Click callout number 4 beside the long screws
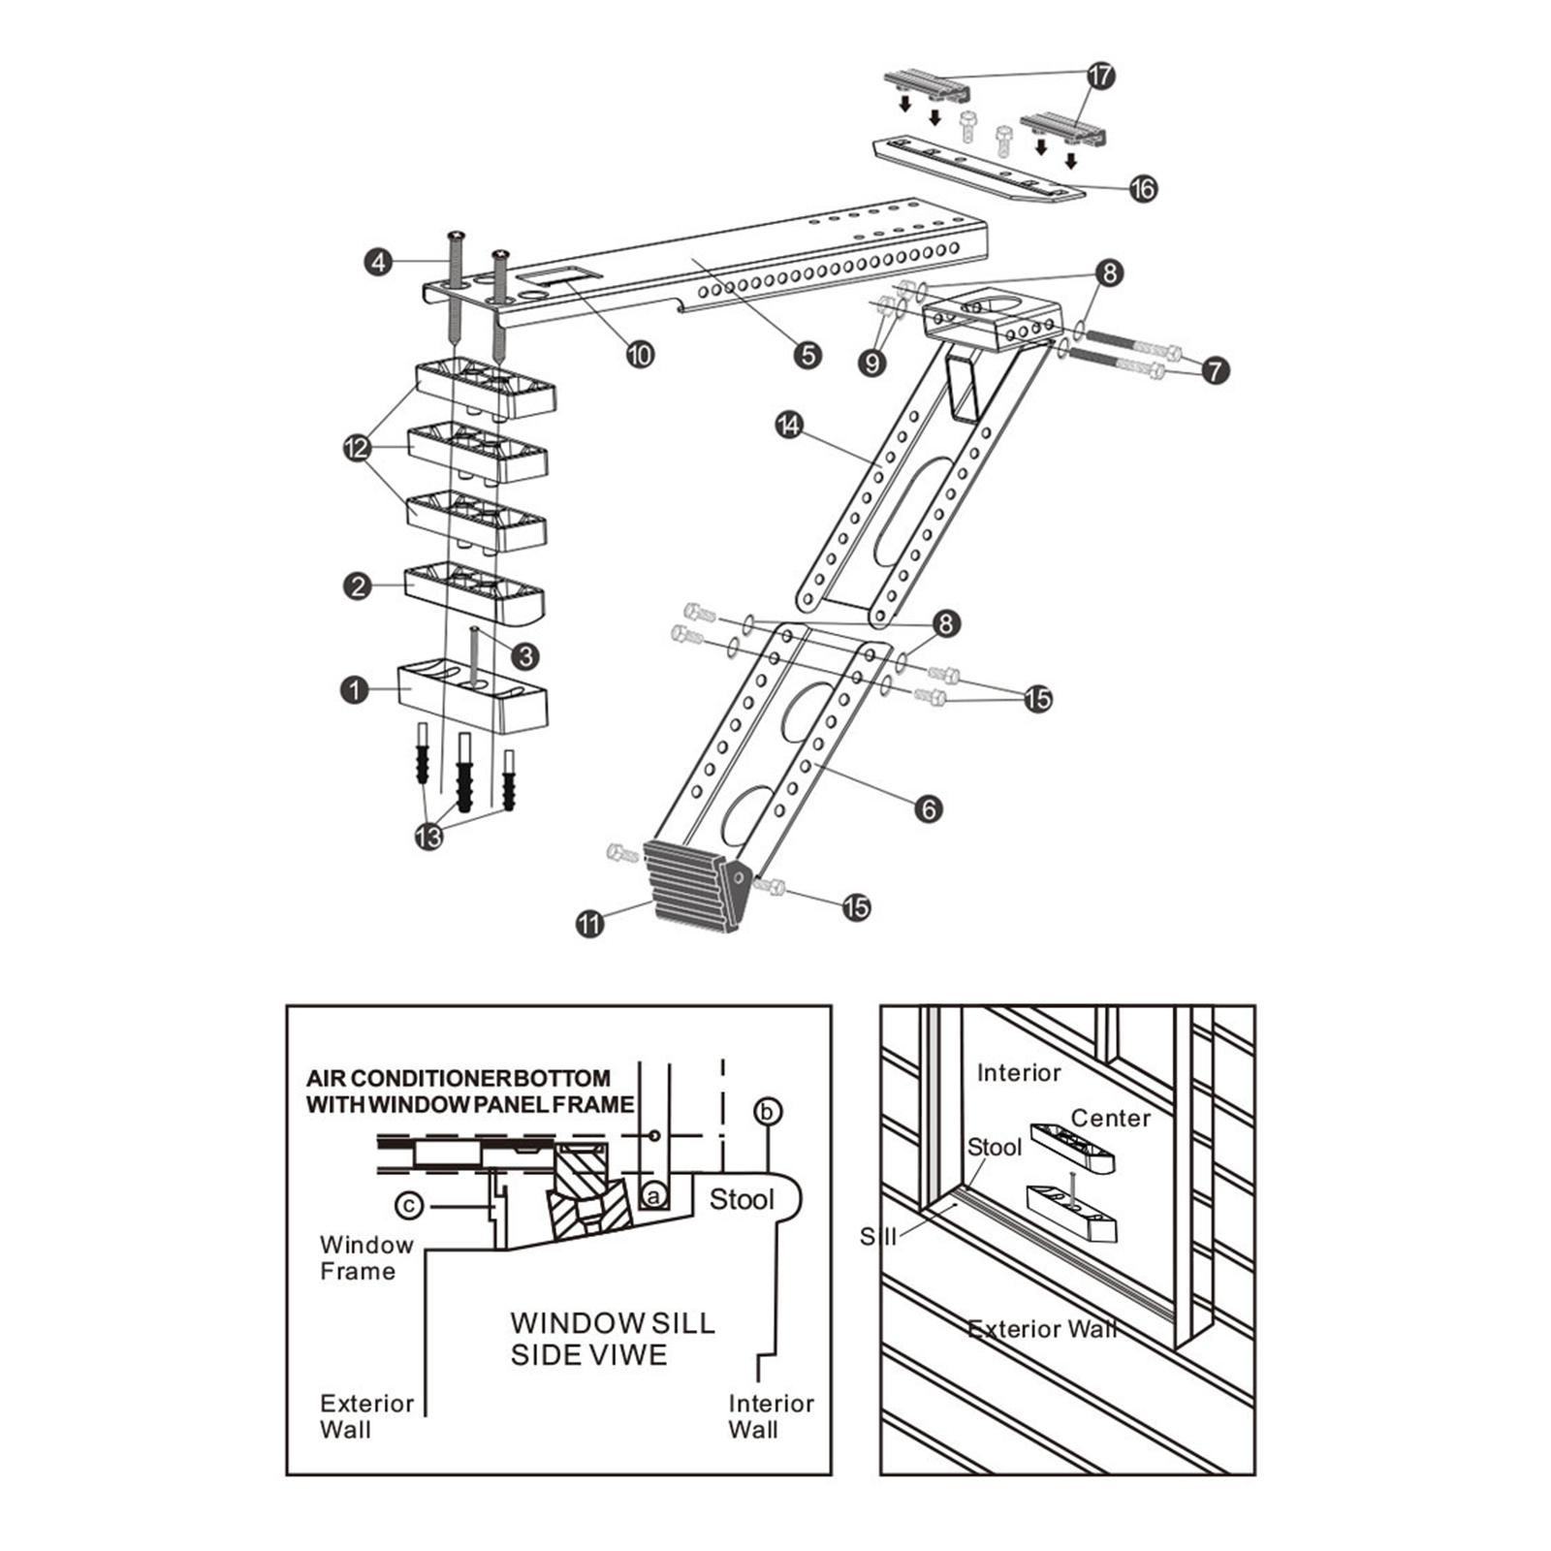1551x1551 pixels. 378,262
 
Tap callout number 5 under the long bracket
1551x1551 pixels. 807,355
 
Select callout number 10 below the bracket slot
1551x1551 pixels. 640,355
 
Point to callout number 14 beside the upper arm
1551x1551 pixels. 790,425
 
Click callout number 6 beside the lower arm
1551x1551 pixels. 928,807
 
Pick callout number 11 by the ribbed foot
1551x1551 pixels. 589,923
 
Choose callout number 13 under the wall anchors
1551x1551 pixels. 428,836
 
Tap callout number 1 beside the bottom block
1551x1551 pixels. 355,689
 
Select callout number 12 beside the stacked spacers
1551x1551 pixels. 357,448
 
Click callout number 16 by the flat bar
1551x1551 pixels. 1144,188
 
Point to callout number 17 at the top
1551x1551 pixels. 1101,76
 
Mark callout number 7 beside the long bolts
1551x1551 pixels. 1215,369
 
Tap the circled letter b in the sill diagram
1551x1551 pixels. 768,1111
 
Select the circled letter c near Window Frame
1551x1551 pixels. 410,1205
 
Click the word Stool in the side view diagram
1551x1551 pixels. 742,1200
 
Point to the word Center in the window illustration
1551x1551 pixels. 1110,1119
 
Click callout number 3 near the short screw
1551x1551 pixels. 524,656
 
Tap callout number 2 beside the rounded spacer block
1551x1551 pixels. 358,586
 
